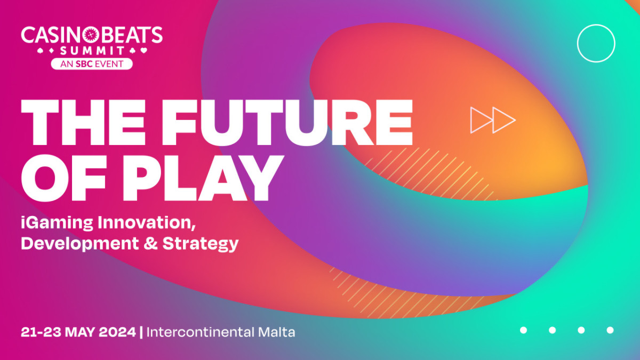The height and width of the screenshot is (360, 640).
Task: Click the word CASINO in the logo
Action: click(x=51, y=35)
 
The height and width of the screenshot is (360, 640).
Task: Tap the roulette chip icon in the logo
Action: click(x=91, y=35)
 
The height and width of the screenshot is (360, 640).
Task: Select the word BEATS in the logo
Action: click(x=131, y=35)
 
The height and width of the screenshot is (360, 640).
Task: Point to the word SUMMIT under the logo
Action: click(x=92, y=51)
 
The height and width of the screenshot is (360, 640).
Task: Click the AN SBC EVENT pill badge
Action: click(x=92, y=63)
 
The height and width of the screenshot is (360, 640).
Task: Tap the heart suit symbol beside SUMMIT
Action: click(x=143, y=51)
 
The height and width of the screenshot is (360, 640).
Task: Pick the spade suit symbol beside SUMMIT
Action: click(x=41, y=51)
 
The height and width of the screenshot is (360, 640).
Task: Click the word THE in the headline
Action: click(x=83, y=123)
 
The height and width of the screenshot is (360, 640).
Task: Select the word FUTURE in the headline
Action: click(x=287, y=123)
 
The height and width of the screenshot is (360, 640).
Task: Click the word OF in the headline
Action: click(x=63, y=178)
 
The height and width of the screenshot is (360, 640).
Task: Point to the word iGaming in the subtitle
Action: click(x=57, y=223)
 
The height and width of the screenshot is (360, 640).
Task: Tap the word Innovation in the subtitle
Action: click(x=147, y=222)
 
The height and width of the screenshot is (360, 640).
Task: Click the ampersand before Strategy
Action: click(x=150, y=243)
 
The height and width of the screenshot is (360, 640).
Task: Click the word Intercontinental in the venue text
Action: click(x=201, y=332)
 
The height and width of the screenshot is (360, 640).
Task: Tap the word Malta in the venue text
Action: click(x=277, y=332)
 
